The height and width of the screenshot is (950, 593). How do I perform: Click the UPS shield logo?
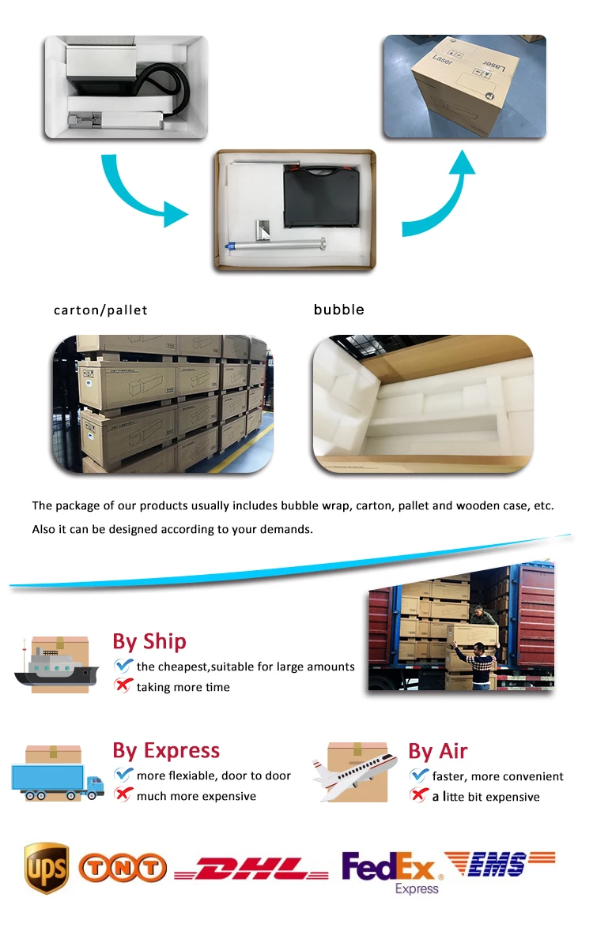[x=47, y=867]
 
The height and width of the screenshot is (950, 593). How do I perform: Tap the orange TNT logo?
[x=123, y=869]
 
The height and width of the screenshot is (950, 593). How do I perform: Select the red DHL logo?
[x=251, y=869]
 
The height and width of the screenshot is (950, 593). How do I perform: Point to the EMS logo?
[x=500, y=864]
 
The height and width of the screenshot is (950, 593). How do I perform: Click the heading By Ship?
[x=149, y=641]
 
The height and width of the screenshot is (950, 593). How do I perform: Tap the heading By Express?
[x=166, y=750]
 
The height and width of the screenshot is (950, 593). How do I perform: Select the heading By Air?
[x=438, y=750]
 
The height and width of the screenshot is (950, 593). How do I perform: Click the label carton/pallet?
[x=100, y=310]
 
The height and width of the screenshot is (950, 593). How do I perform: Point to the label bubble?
[x=339, y=310]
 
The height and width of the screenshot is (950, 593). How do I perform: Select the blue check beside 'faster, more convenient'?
[x=419, y=775]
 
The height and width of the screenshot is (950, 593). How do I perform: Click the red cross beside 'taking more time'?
[x=123, y=685]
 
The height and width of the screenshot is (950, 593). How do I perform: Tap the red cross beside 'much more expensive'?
[x=123, y=794]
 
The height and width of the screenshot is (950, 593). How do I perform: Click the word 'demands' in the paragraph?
[x=287, y=529]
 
